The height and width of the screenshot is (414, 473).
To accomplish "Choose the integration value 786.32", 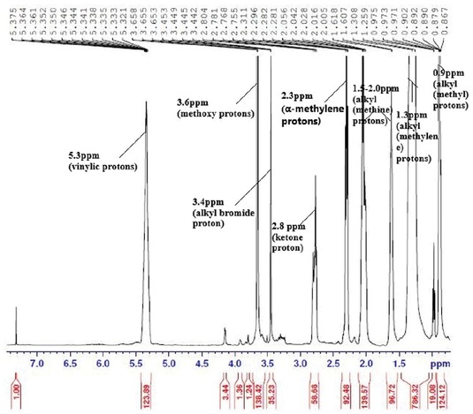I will tap(414, 389).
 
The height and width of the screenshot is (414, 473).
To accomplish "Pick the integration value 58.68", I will tap(314, 389).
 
